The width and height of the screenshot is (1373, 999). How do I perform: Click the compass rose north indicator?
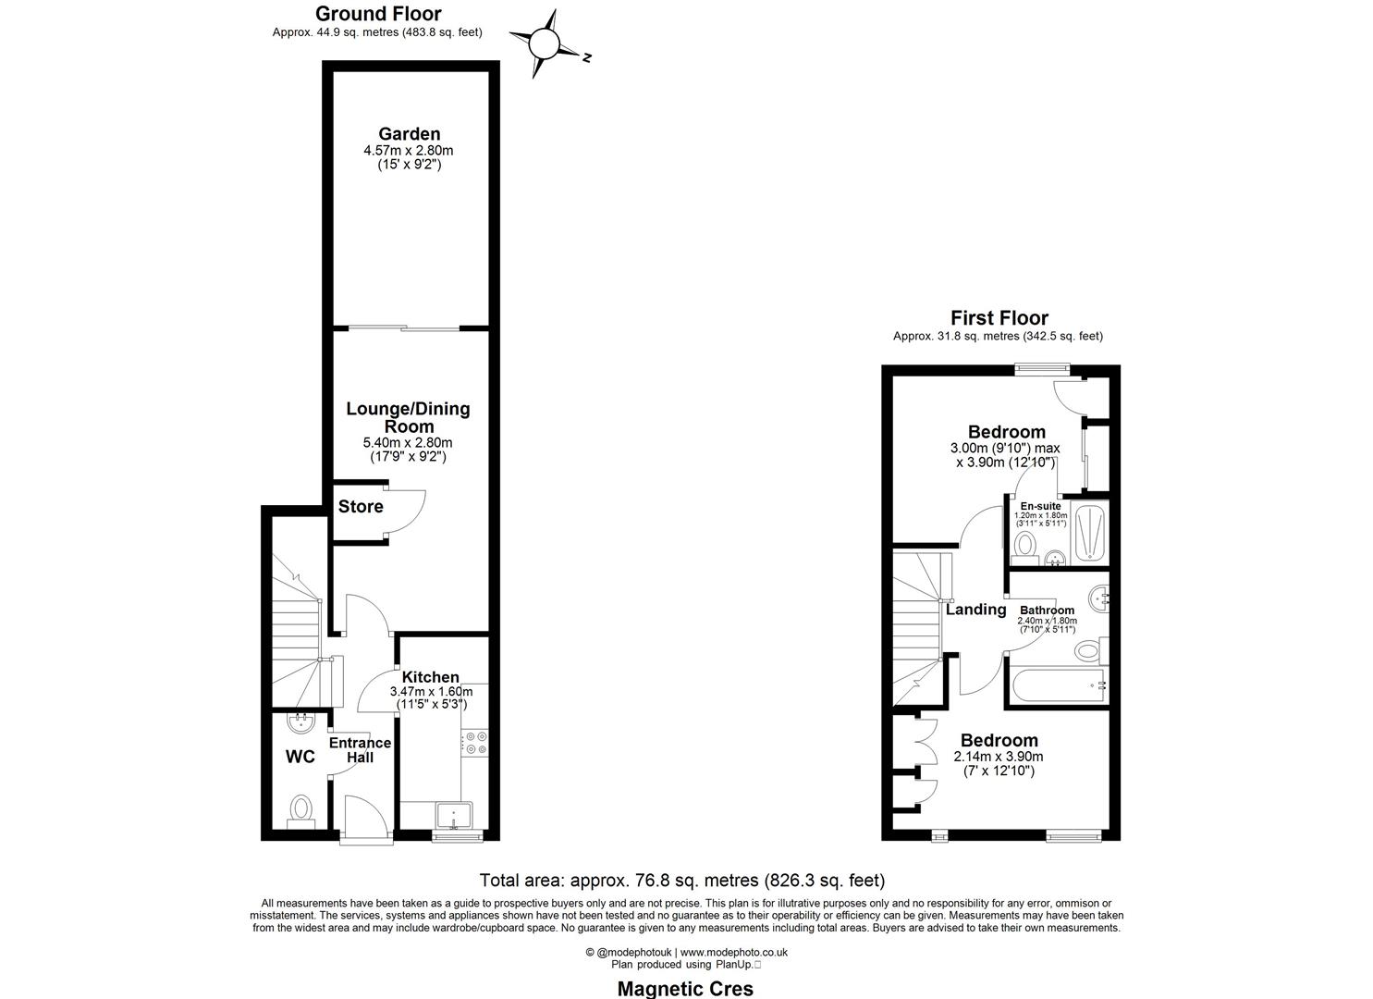point(546,43)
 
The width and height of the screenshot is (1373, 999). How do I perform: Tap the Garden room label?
point(409,134)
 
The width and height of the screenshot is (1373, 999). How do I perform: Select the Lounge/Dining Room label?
point(409,417)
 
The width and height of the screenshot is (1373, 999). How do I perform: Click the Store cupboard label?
point(360,507)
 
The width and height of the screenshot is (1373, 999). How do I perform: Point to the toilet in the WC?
point(301,812)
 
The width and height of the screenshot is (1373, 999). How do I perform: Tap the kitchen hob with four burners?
point(476,742)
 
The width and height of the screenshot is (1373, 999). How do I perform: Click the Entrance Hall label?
point(360,750)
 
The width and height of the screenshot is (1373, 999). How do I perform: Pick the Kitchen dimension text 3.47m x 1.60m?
point(431,692)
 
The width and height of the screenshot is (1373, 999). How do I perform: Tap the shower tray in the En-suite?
point(1089,532)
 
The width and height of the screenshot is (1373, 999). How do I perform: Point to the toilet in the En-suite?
point(1024,549)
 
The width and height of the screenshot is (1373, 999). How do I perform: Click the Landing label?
point(975,610)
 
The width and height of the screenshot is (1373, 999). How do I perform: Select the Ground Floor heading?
point(378,14)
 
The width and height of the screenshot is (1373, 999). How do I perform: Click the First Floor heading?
point(999,318)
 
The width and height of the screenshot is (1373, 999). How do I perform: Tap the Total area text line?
point(681,881)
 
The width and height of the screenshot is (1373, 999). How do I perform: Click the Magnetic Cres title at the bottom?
point(684,988)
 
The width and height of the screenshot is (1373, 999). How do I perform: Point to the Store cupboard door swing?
point(407,509)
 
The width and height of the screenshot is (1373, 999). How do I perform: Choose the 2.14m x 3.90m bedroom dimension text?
point(999,757)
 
